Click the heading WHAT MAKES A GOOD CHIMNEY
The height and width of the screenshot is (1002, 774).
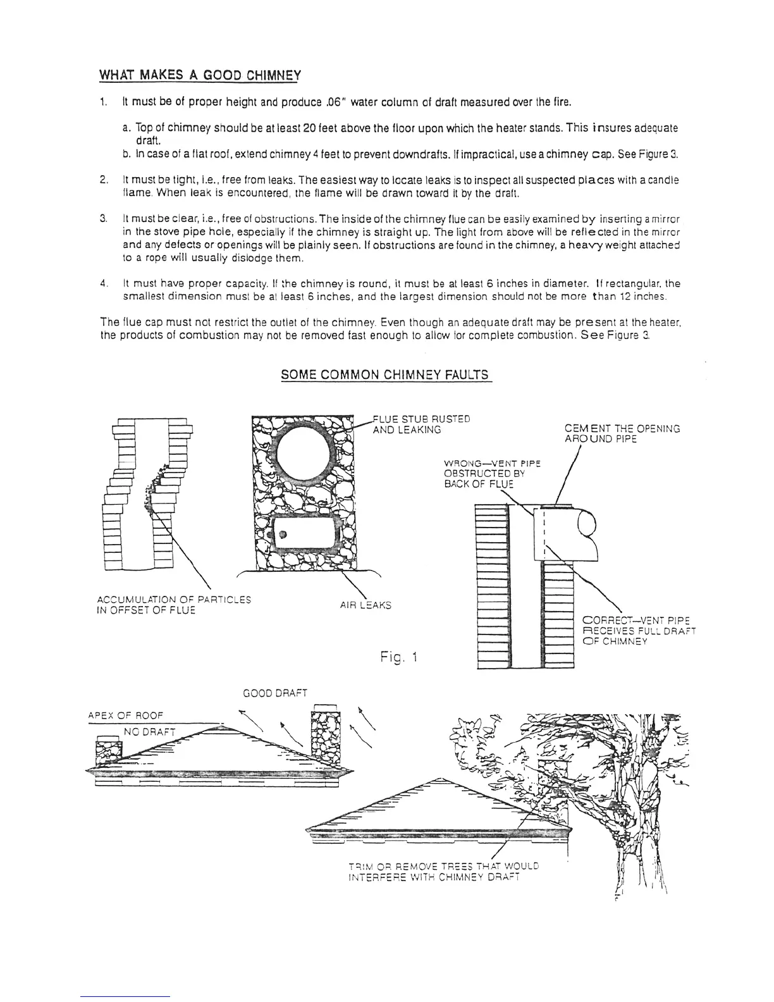coord(200,76)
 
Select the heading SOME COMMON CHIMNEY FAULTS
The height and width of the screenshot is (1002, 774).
coord(385,374)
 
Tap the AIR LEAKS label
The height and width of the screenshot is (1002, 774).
coord(365,605)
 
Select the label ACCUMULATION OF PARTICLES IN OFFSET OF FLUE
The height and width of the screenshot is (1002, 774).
coord(174,605)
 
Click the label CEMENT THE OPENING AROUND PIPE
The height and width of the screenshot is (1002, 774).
coord(622,433)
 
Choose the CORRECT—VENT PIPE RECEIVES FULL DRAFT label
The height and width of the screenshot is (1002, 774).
coord(639,631)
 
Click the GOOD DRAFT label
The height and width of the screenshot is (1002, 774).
coord(275,693)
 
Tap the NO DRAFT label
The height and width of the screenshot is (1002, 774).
coord(149,732)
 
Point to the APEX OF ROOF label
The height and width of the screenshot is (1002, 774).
coord(125,715)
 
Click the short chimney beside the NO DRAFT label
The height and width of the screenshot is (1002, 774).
coord(108,750)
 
